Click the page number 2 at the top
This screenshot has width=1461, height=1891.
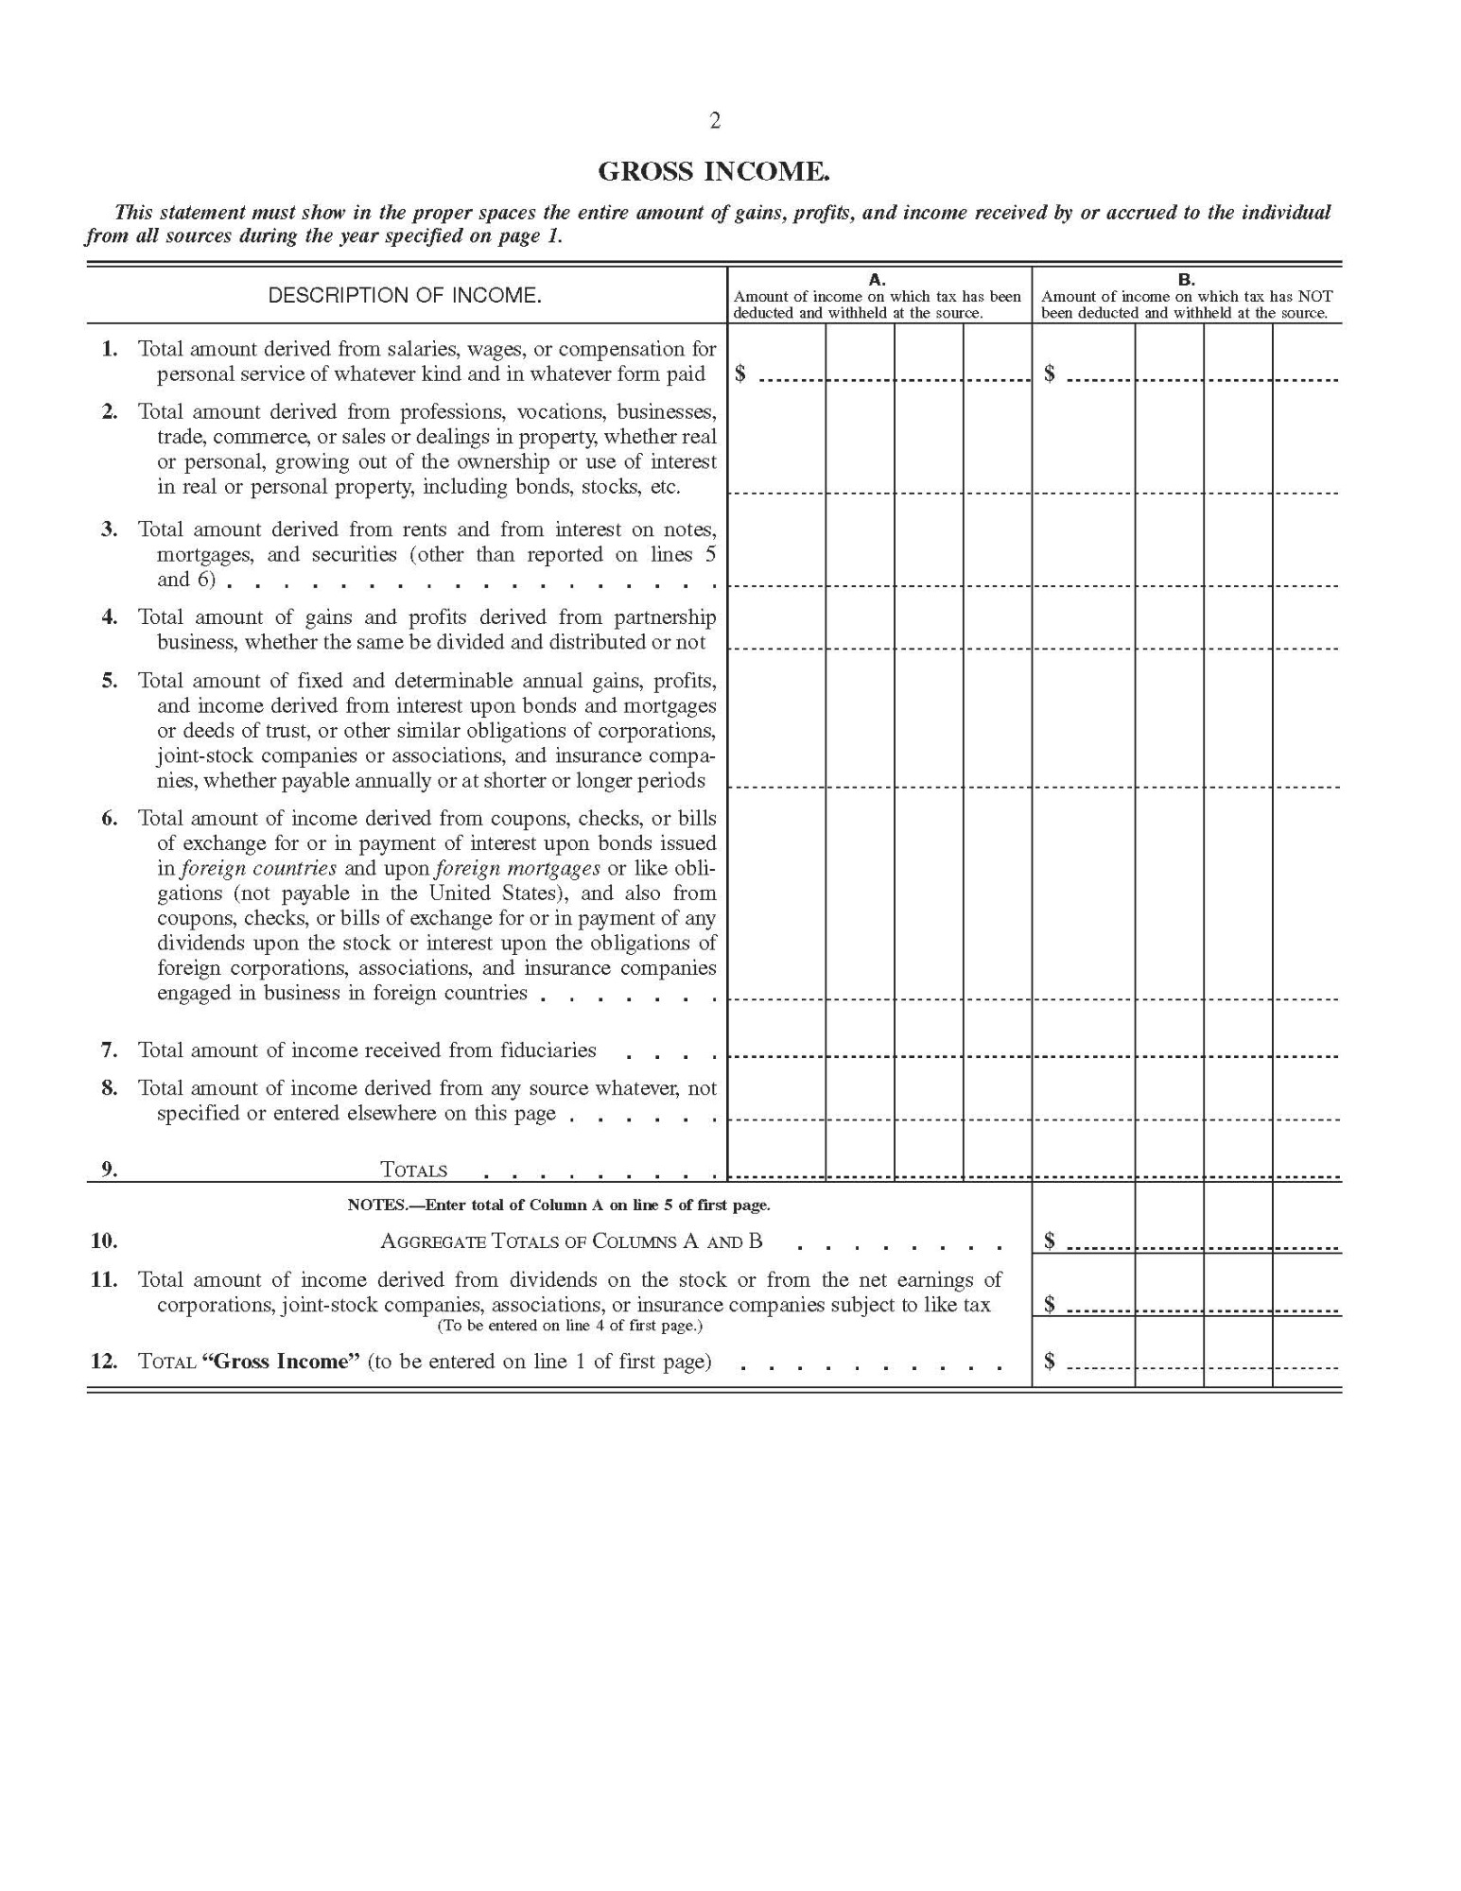click(x=715, y=121)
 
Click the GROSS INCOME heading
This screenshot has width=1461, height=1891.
click(x=714, y=172)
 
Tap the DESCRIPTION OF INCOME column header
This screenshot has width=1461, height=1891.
click(x=405, y=295)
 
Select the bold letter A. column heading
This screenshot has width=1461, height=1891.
click(x=877, y=280)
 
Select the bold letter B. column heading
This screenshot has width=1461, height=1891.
click(x=1186, y=280)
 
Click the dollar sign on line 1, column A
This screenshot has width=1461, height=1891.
click(x=740, y=374)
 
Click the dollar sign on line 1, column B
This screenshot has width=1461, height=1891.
click(x=1050, y=374)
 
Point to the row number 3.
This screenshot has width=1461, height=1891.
click(x=110, y=529)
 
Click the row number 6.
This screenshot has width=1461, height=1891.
click(x=110, y=819)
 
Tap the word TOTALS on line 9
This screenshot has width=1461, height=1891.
click(x=413, y=1171)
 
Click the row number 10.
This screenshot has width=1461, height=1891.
click(x=104, y=1241)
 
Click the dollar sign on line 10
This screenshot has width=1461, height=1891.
click(x=1050, y=1241)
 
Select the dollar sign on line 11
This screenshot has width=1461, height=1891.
click(x=1050, y=1305)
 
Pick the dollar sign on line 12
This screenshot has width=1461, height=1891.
click(x=1050, y=1362)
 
